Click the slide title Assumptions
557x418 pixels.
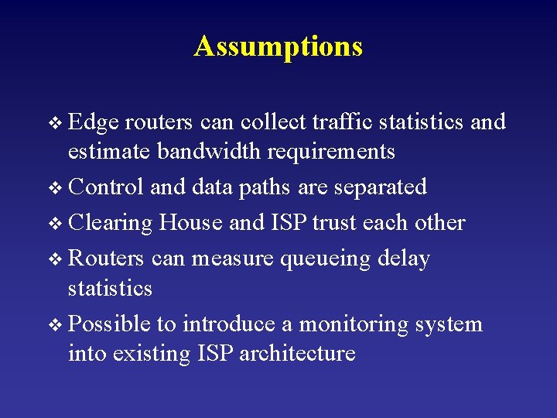[278, 46]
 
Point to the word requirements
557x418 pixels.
[331, 152]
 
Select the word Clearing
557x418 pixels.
[111, 224]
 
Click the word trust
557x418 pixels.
[337, 223]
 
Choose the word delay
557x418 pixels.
[405, 259]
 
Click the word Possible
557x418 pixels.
[111, 324]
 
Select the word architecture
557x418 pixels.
[298, 354]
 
